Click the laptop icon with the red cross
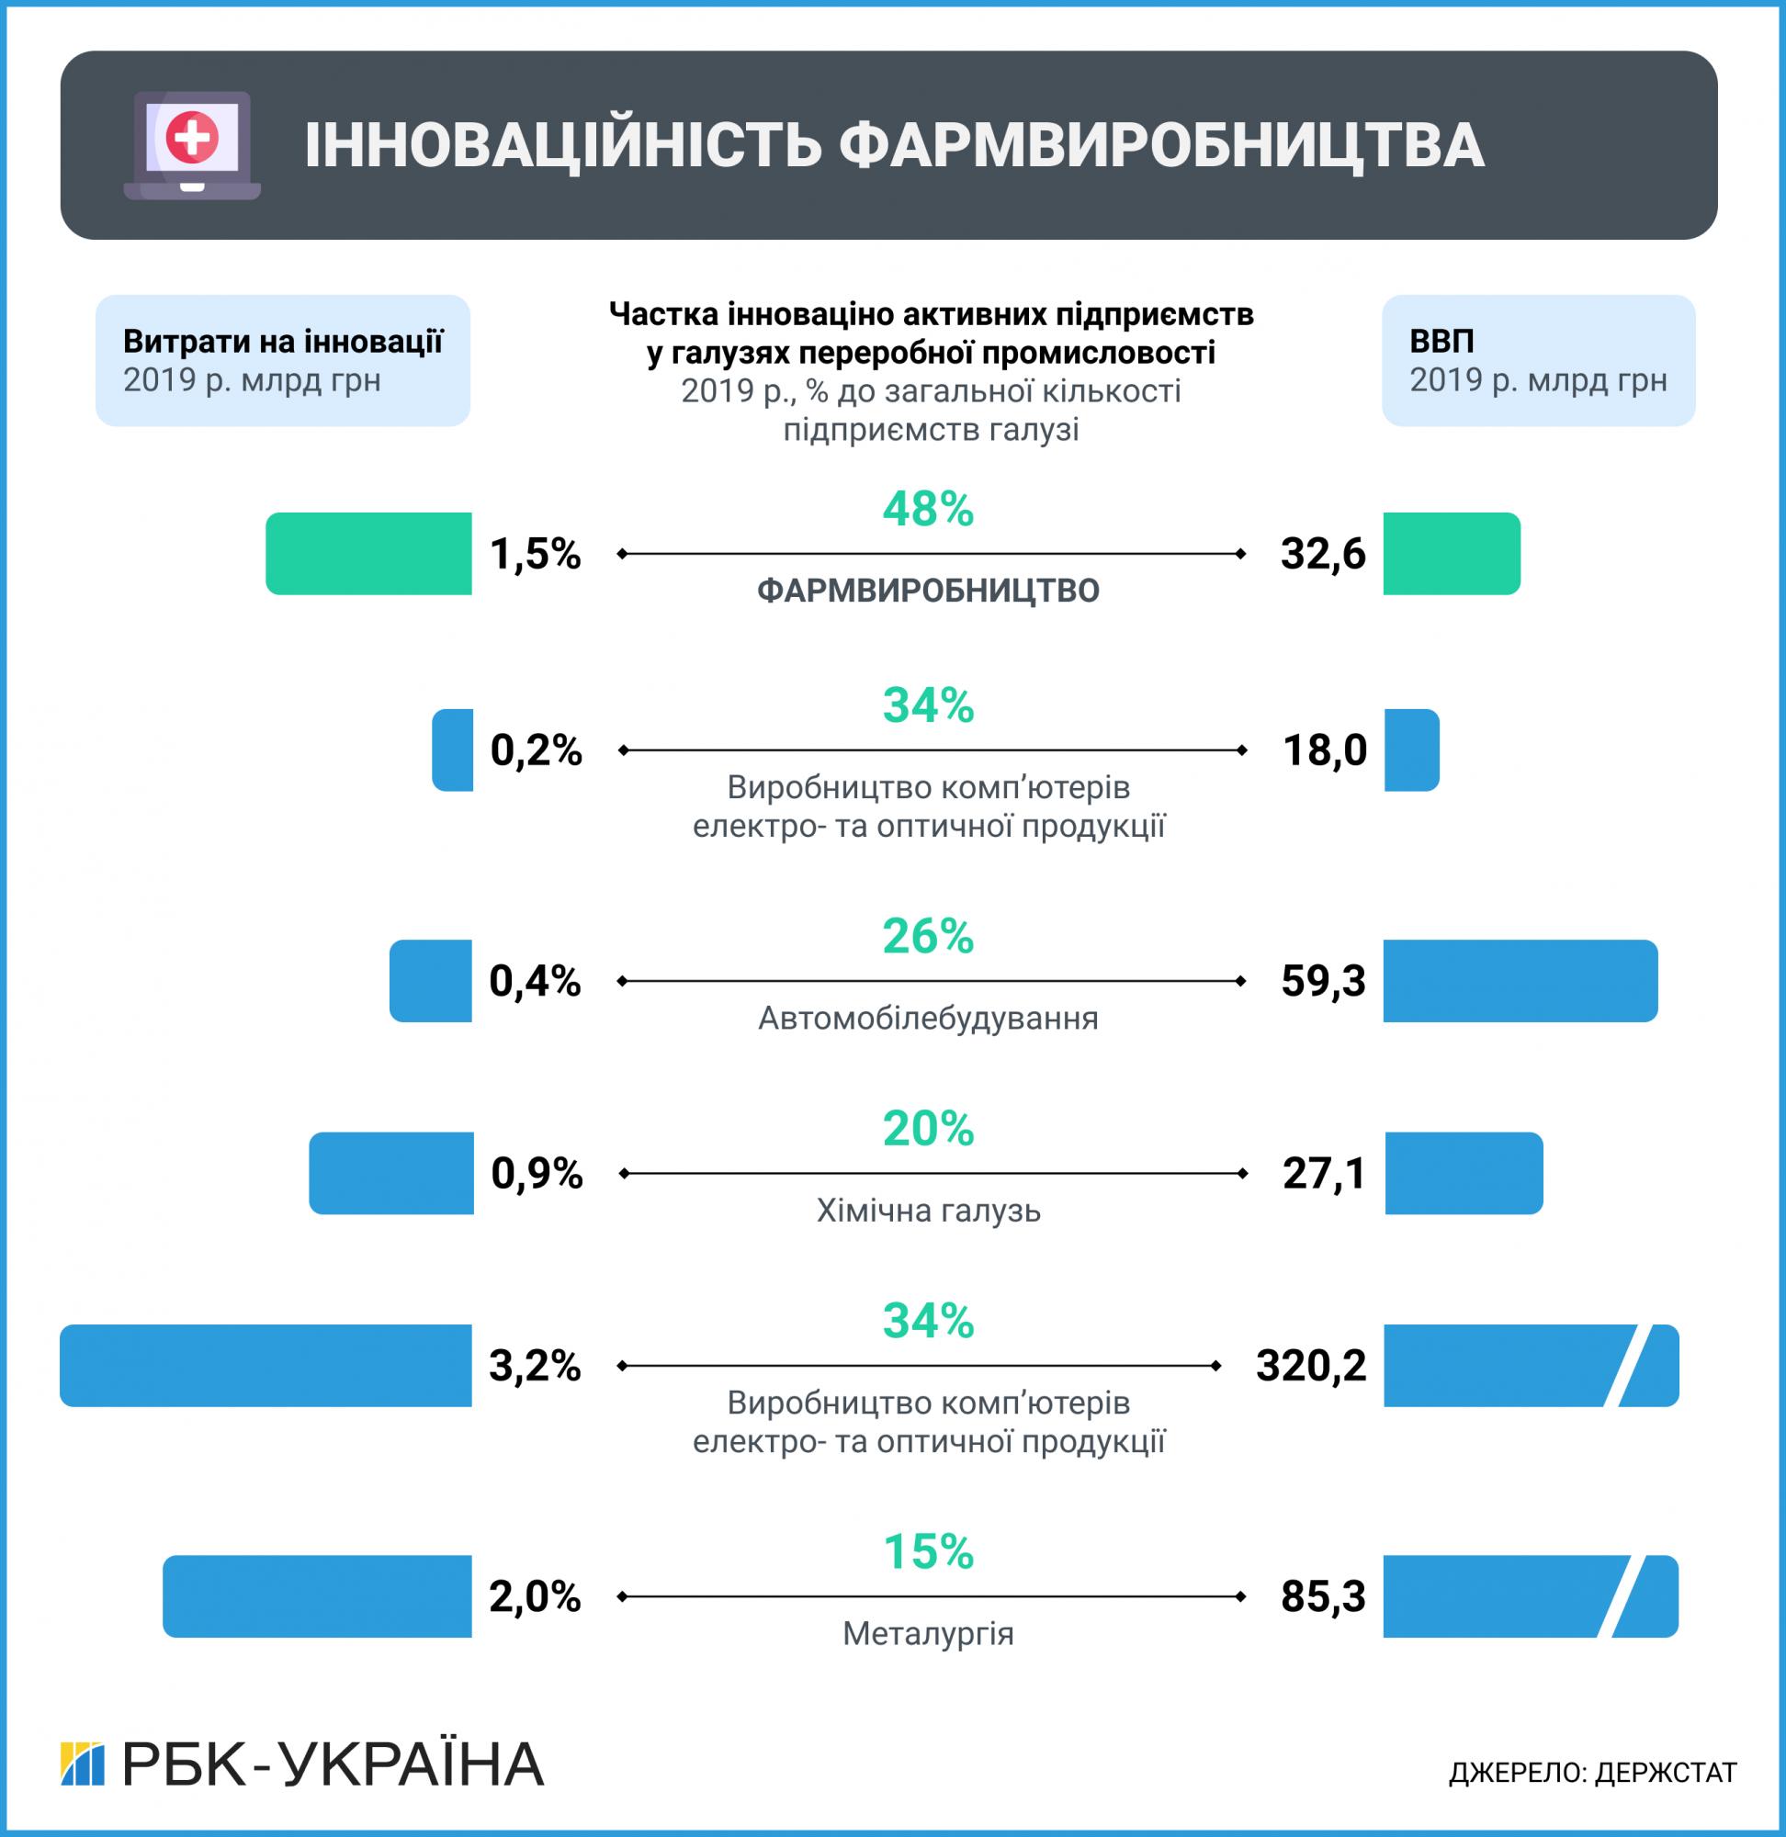[192, 144]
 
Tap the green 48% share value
[928, 509]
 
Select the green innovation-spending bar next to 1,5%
[368, 553]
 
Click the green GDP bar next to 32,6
[1452, 553]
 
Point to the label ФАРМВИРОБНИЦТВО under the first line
[928, 591]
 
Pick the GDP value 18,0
[1325, 750]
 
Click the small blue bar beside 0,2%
[452, 750]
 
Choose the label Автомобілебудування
[928, 1019]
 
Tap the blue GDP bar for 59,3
[1520, 981]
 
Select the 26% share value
[928, 936]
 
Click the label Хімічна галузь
[928, 1211]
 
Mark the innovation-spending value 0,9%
[537, 1173]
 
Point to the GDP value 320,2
[1310, 1365]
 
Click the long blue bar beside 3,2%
[266, 1365]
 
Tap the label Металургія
[928, 1634]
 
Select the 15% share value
[928, 1552]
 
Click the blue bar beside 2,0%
[317, 1596]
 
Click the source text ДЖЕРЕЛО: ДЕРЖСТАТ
[1593, 1772]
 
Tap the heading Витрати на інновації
[282, 342]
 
